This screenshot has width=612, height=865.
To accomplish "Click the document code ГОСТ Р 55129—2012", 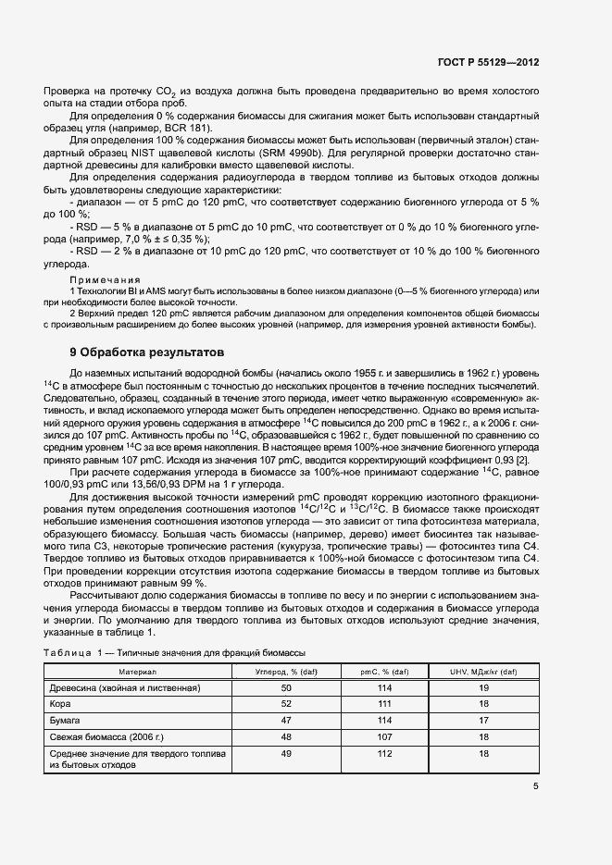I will pos(489,63).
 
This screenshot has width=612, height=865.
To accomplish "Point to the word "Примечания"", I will pos(105,278).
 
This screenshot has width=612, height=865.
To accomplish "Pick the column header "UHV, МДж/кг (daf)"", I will pos(482,671).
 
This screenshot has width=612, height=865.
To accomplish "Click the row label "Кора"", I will pos(61,703).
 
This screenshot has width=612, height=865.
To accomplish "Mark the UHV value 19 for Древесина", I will pos(482,688).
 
